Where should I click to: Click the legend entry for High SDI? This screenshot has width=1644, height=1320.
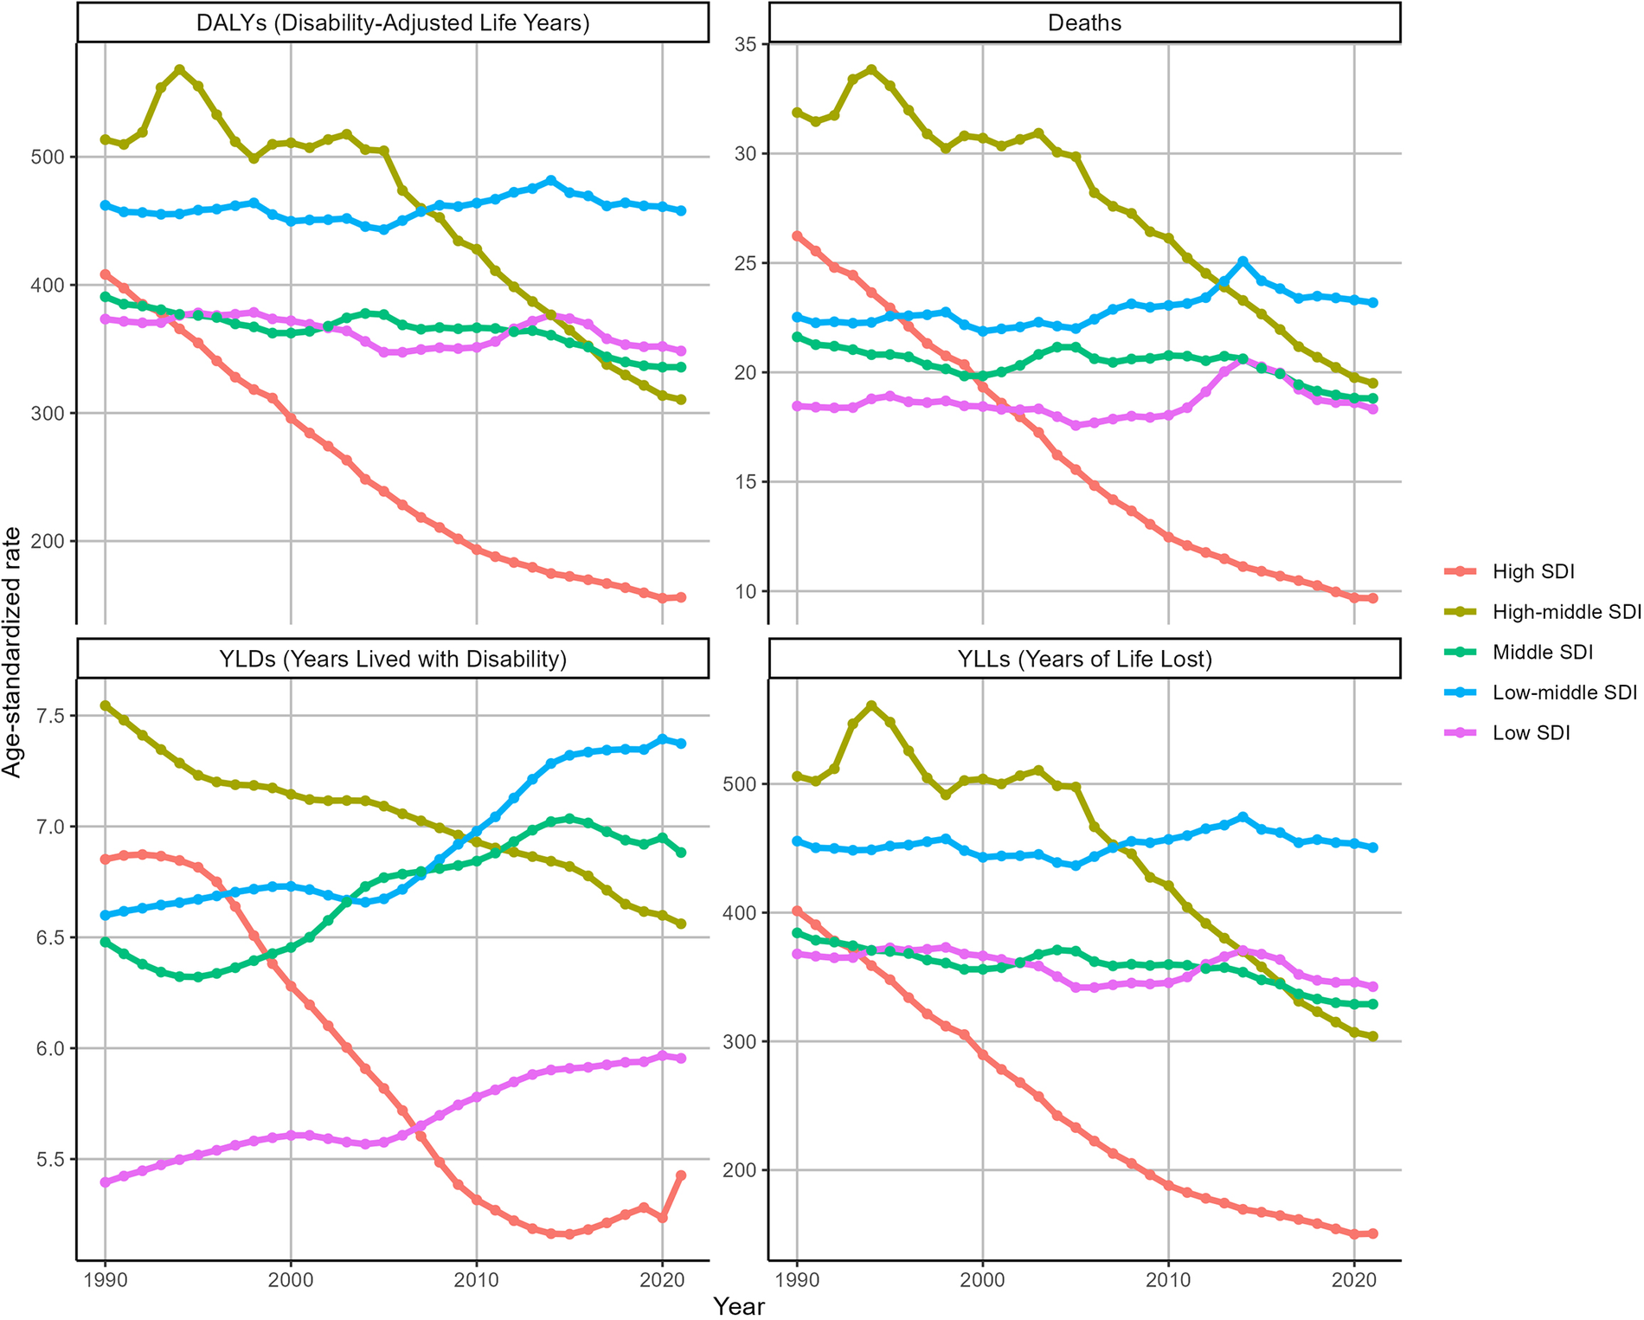point(1532,571)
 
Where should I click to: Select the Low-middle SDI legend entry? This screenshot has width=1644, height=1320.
point(1564,692)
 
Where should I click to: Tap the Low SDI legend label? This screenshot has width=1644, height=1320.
point(1531,733)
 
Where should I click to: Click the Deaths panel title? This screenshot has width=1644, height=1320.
point(1084,23)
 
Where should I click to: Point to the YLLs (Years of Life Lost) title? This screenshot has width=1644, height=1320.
point(1084,660)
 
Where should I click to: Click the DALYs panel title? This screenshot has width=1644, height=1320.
point(393,23)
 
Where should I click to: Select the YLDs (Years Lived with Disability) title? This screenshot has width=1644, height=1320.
point(393,660)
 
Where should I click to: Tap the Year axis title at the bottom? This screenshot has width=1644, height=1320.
point(739,1306)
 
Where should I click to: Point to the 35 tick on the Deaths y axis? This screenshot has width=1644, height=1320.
point(744,44)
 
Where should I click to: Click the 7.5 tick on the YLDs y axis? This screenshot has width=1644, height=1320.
point(52,716)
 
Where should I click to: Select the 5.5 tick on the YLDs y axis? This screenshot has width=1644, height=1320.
point(52,1159)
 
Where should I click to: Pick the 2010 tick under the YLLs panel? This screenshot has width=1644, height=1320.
point(1168,1279)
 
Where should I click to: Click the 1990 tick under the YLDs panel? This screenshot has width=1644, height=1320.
point(106,1279)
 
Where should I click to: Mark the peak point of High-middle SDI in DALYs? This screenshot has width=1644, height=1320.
point(179,69)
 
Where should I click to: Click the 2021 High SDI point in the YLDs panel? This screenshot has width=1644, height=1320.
point(681,1175)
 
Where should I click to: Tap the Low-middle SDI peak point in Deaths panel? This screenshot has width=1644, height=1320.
point(1243,261)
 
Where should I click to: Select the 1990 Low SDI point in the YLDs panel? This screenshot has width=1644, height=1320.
point(106,1182)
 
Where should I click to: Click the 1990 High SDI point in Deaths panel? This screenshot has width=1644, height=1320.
point(797,235)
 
